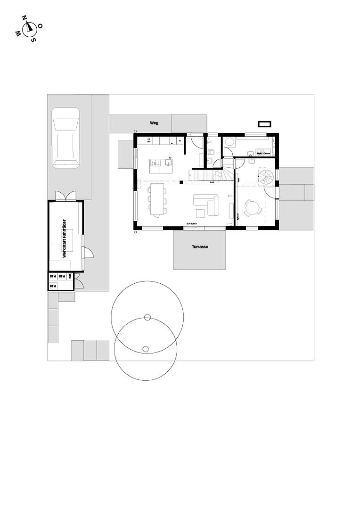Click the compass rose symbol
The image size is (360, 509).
click(x=29, y=29)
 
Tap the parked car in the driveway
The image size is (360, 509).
click(x=65, y=137)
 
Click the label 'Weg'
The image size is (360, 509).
click(x=154, y=123)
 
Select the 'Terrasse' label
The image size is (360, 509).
click(x=200, y=247)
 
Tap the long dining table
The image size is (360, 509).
click(x=157, y=199)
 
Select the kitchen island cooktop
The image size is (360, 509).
click(x=155, y=164)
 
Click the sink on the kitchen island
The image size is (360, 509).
click(x=168, y=163)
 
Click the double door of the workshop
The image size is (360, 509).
click(x=65, y=196)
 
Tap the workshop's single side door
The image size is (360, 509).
click(x=88, y=253)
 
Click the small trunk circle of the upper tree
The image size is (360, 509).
click(x=147, y=317)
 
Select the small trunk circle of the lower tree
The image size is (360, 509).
click(x=146, y=349)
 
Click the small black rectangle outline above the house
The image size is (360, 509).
click(x=265, y=124)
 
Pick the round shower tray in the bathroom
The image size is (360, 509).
click(x=229, y=142)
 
